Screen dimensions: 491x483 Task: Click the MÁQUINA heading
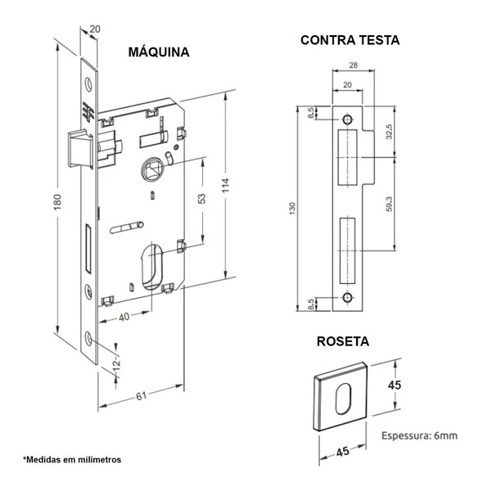click(159, 52)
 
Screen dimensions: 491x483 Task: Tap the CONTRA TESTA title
click(350, 39)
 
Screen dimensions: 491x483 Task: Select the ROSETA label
click(343, 341)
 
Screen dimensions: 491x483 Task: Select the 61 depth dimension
click(140, 397)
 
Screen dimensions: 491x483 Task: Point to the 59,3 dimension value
click(397, 203)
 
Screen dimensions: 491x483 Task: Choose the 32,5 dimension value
click(397, 132)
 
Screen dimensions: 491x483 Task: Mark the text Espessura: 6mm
click(419, 436)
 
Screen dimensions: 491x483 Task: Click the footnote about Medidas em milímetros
click(72, 460)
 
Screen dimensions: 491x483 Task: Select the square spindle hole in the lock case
click(151, 169)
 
